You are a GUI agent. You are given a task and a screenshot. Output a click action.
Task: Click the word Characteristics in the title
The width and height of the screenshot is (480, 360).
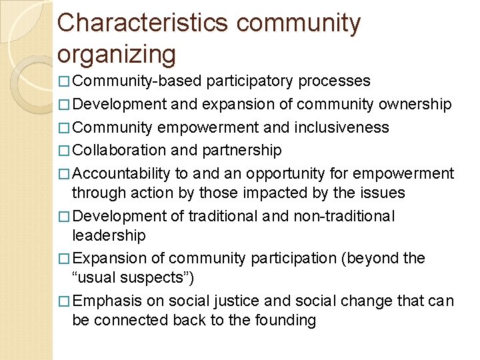coord(143,23)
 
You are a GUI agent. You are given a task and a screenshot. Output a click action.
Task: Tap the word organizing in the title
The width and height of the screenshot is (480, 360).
coord(117,54)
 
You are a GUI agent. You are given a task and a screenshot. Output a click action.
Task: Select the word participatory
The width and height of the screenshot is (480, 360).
coord(250,81)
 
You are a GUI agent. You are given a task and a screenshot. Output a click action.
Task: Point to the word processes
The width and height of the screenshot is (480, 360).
coord(335,81)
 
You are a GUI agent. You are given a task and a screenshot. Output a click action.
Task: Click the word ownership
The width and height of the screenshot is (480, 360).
coord(415,105)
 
